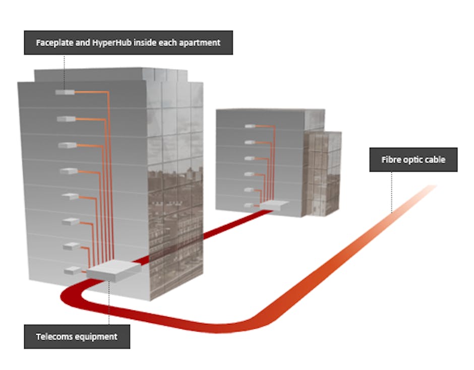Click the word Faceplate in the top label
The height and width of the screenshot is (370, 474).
click(52, 43)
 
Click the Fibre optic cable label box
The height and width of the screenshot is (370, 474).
click(413, 159)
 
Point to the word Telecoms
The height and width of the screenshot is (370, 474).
click(54, 336)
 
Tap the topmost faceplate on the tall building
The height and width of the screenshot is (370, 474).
click(65, 92)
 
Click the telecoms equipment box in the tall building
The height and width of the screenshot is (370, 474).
click(113, 271)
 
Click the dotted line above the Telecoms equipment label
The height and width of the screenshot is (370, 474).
click(109, 302)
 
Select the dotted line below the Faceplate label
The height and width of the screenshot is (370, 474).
click(65, 71)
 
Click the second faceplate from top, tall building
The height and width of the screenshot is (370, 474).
click(66, 119)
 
